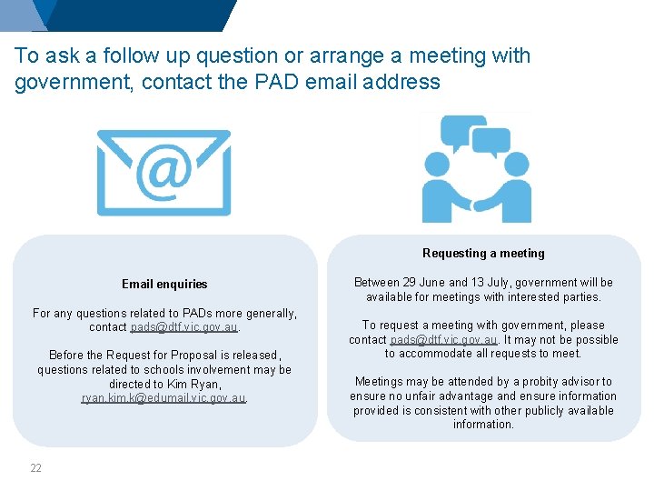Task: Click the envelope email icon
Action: (164, 172)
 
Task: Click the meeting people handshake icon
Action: (476, 169)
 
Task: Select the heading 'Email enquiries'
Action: (164, 284)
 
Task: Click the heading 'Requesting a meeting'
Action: (483, 253)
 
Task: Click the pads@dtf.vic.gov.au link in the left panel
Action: (183, 327)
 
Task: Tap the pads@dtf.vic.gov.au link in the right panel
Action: (443, 339)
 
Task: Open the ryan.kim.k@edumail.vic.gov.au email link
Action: (163, 398)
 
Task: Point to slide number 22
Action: (35, 468)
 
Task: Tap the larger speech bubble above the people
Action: (462, 133)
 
